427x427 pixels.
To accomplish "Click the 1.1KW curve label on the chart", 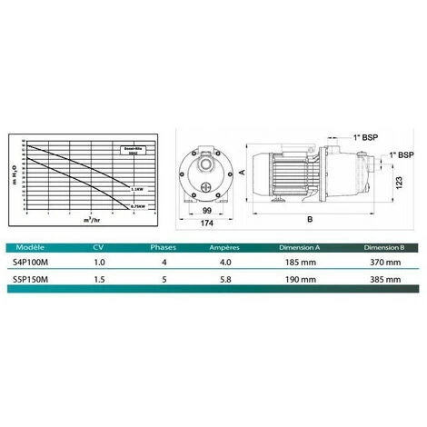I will [x=137, y=190].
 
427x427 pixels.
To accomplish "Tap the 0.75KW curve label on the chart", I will [x=137, y=207].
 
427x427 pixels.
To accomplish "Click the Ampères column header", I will [x=223, y=246].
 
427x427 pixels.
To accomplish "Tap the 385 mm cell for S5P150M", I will [x=382, y=283].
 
